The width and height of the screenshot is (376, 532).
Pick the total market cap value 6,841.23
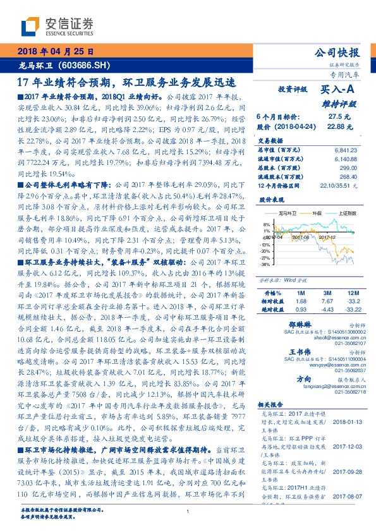click(x=345, y=150)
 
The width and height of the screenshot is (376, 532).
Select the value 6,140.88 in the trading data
click(x=345, y=159)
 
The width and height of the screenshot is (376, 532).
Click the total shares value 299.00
click(x=349, y=168)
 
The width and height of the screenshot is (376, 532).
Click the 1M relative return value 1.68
click(x=301, y=301)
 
